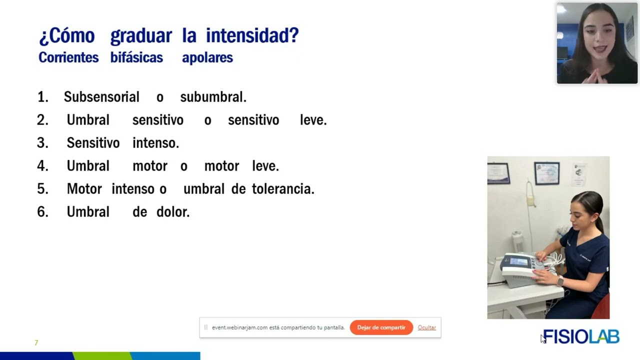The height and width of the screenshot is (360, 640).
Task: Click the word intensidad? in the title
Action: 252,36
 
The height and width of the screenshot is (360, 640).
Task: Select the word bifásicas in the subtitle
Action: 136,57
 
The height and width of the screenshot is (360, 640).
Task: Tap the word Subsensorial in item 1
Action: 101,97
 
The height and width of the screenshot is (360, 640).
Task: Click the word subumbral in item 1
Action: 212,97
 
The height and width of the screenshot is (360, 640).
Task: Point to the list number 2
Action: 42,120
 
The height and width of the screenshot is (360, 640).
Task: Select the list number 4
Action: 42,166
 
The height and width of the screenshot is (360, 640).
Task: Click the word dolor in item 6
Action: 172,212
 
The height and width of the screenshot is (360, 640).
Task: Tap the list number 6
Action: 42,212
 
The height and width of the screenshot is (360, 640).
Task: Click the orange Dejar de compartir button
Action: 381,327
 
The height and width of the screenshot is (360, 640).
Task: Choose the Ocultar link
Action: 426,327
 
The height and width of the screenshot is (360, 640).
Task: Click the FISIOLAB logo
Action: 581,336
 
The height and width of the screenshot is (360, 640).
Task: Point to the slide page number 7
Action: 36,342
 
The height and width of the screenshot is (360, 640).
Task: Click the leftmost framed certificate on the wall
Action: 498,173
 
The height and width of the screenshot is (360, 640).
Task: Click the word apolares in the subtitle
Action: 207,57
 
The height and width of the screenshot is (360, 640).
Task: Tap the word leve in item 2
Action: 312,120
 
